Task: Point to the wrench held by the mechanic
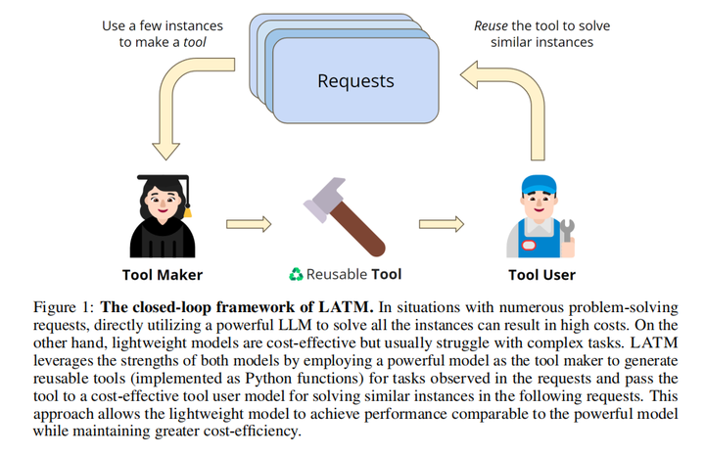pyautogui.click(x=567, y=231)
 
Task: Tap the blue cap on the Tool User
pyautogui.click(x=537, y=185)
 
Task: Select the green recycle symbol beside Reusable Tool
pyautogui.click(x=296, y=274)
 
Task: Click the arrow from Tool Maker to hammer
pyautogui.click(x=249, y=223)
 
